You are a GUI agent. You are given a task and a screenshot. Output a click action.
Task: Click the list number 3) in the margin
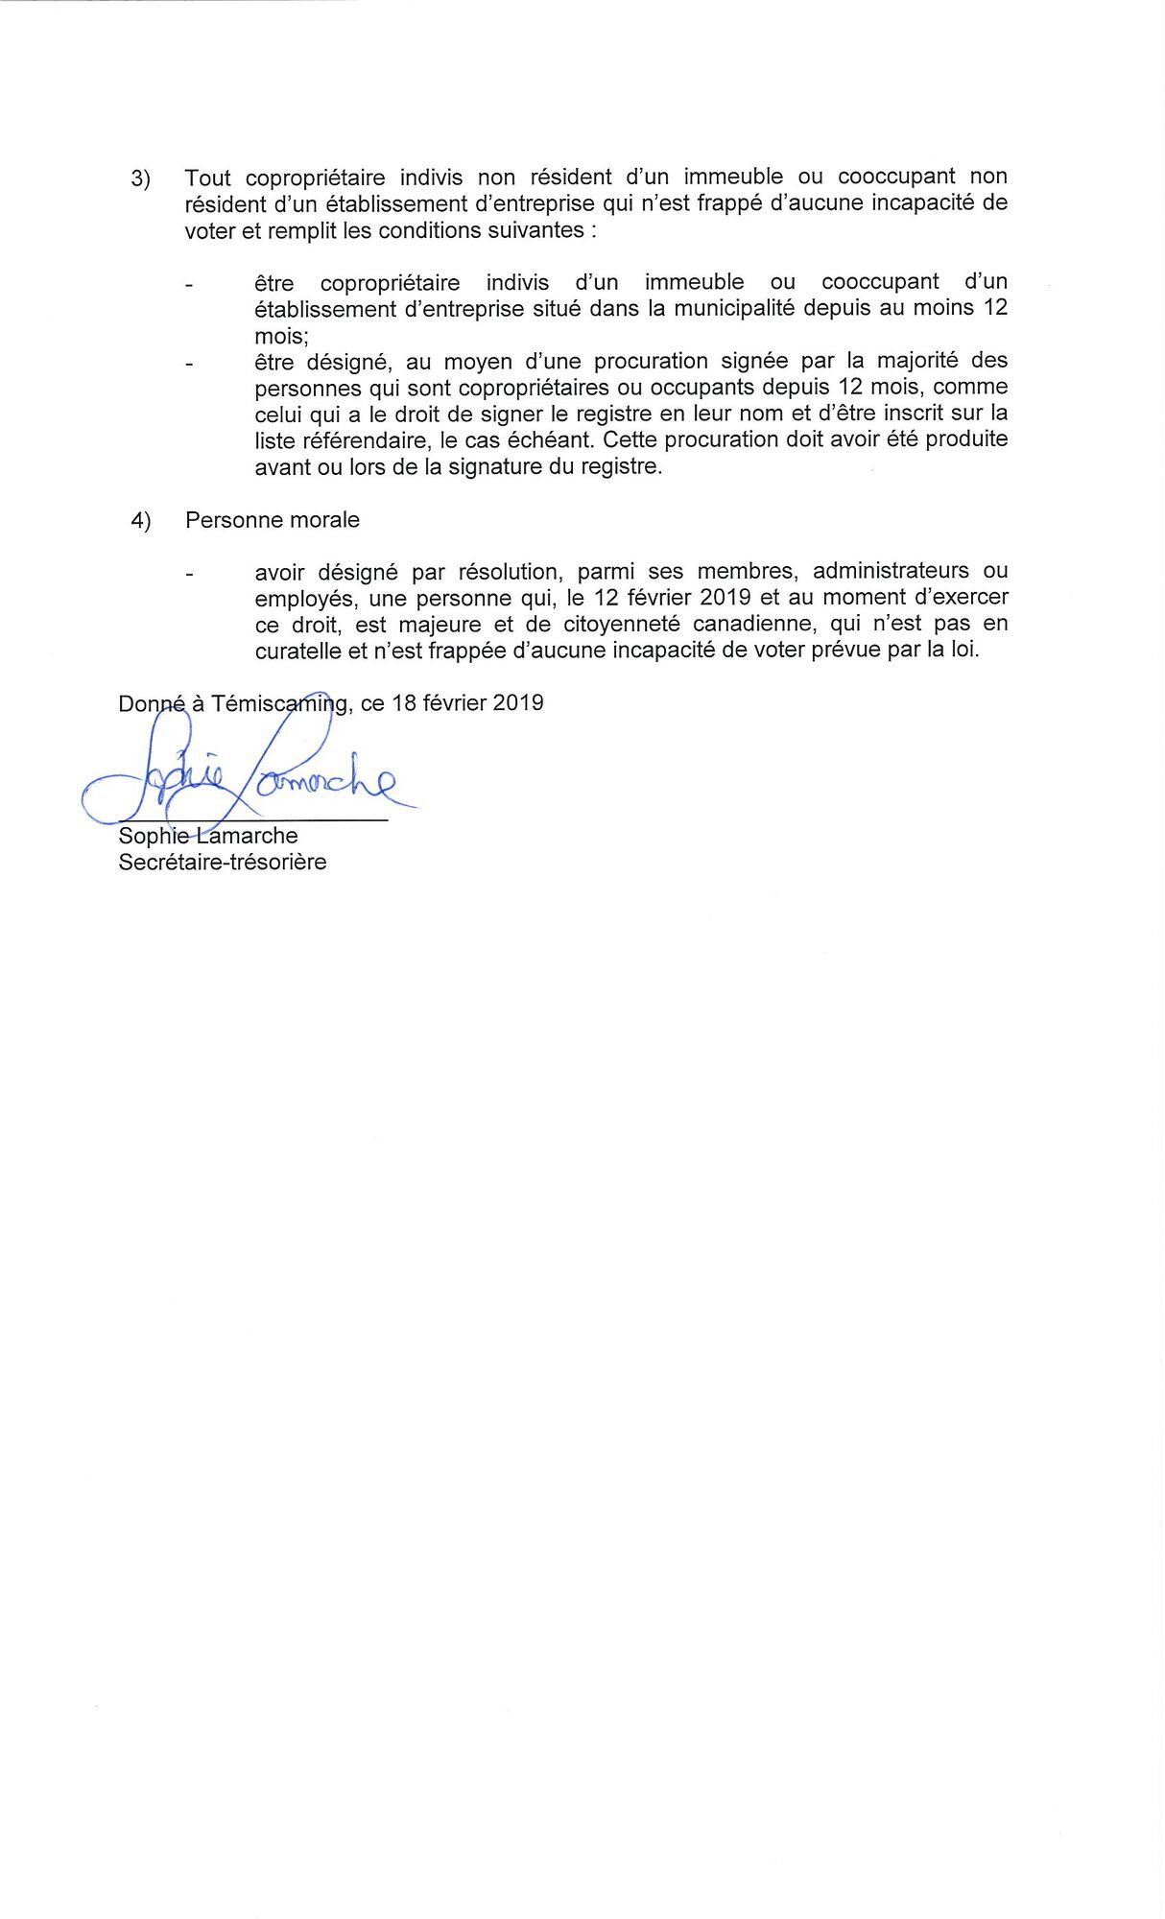point(141,179)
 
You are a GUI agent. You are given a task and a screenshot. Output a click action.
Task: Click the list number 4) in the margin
point(141,521)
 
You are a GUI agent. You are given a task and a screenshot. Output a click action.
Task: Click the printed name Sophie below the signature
point(151,837)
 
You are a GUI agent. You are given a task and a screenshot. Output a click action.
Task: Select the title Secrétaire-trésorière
point(223,862)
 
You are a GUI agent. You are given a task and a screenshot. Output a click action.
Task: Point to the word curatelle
point(297,650)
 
